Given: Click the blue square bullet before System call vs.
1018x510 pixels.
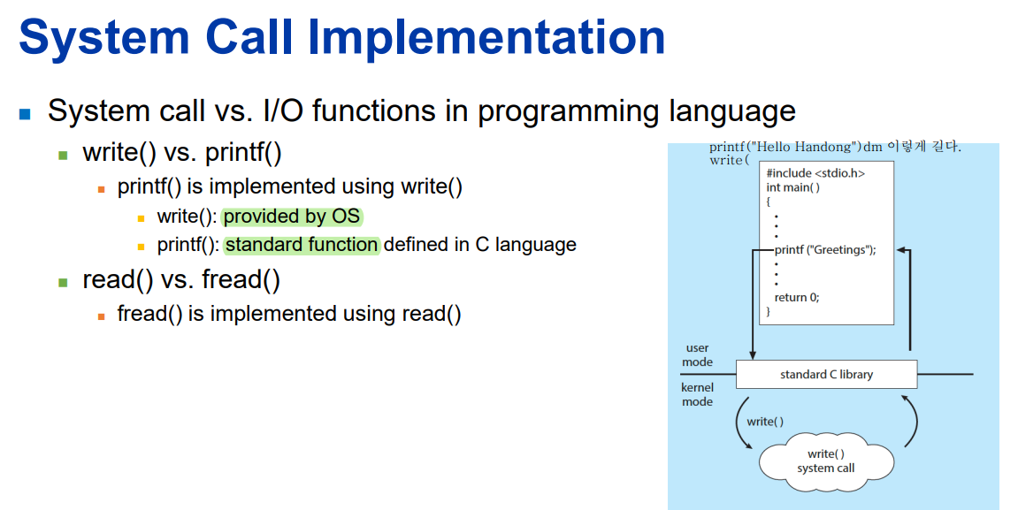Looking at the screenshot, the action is tap(26, 114).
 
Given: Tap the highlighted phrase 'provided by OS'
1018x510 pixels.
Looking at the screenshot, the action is tap(292, 216).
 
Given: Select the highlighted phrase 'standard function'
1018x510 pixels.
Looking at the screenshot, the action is tap(302, 245).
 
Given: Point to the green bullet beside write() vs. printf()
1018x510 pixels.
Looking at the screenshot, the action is tap(63, 155).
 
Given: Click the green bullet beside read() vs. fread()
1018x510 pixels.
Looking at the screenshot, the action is tap(63, 282).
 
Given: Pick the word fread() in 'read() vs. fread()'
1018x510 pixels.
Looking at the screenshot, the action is tap(241, 279).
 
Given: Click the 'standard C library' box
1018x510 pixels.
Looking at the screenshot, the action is tap(826, 375).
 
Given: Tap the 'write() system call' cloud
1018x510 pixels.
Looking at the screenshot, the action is tap(826, 461).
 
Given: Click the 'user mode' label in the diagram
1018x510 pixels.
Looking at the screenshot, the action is tap(697, 355).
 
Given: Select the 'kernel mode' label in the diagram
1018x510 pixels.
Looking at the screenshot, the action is tap(697, 394).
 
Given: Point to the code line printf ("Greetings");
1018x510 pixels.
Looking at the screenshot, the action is tap(825, 250).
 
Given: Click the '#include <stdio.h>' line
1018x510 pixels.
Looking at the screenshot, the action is tap(815, 173).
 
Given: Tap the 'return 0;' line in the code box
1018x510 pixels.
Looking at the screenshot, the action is tap(797, 297).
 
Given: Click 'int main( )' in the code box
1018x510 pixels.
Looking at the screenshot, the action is tap(792, 187).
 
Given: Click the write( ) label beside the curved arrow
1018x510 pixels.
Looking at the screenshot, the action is tap(765, 422).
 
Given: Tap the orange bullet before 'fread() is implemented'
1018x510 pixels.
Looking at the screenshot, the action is tap(102, 316).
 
